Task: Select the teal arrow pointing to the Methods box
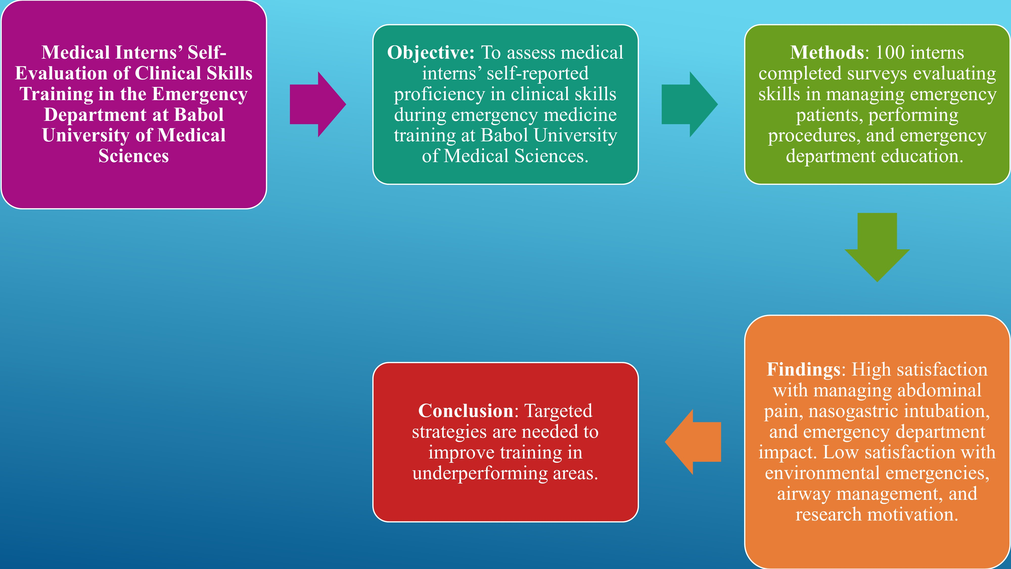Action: (x=690, y=104)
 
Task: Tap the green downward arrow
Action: (x=877, y=247)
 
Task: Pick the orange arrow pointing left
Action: (x=693, y=442)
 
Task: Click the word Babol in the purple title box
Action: (x=199, y=115)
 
